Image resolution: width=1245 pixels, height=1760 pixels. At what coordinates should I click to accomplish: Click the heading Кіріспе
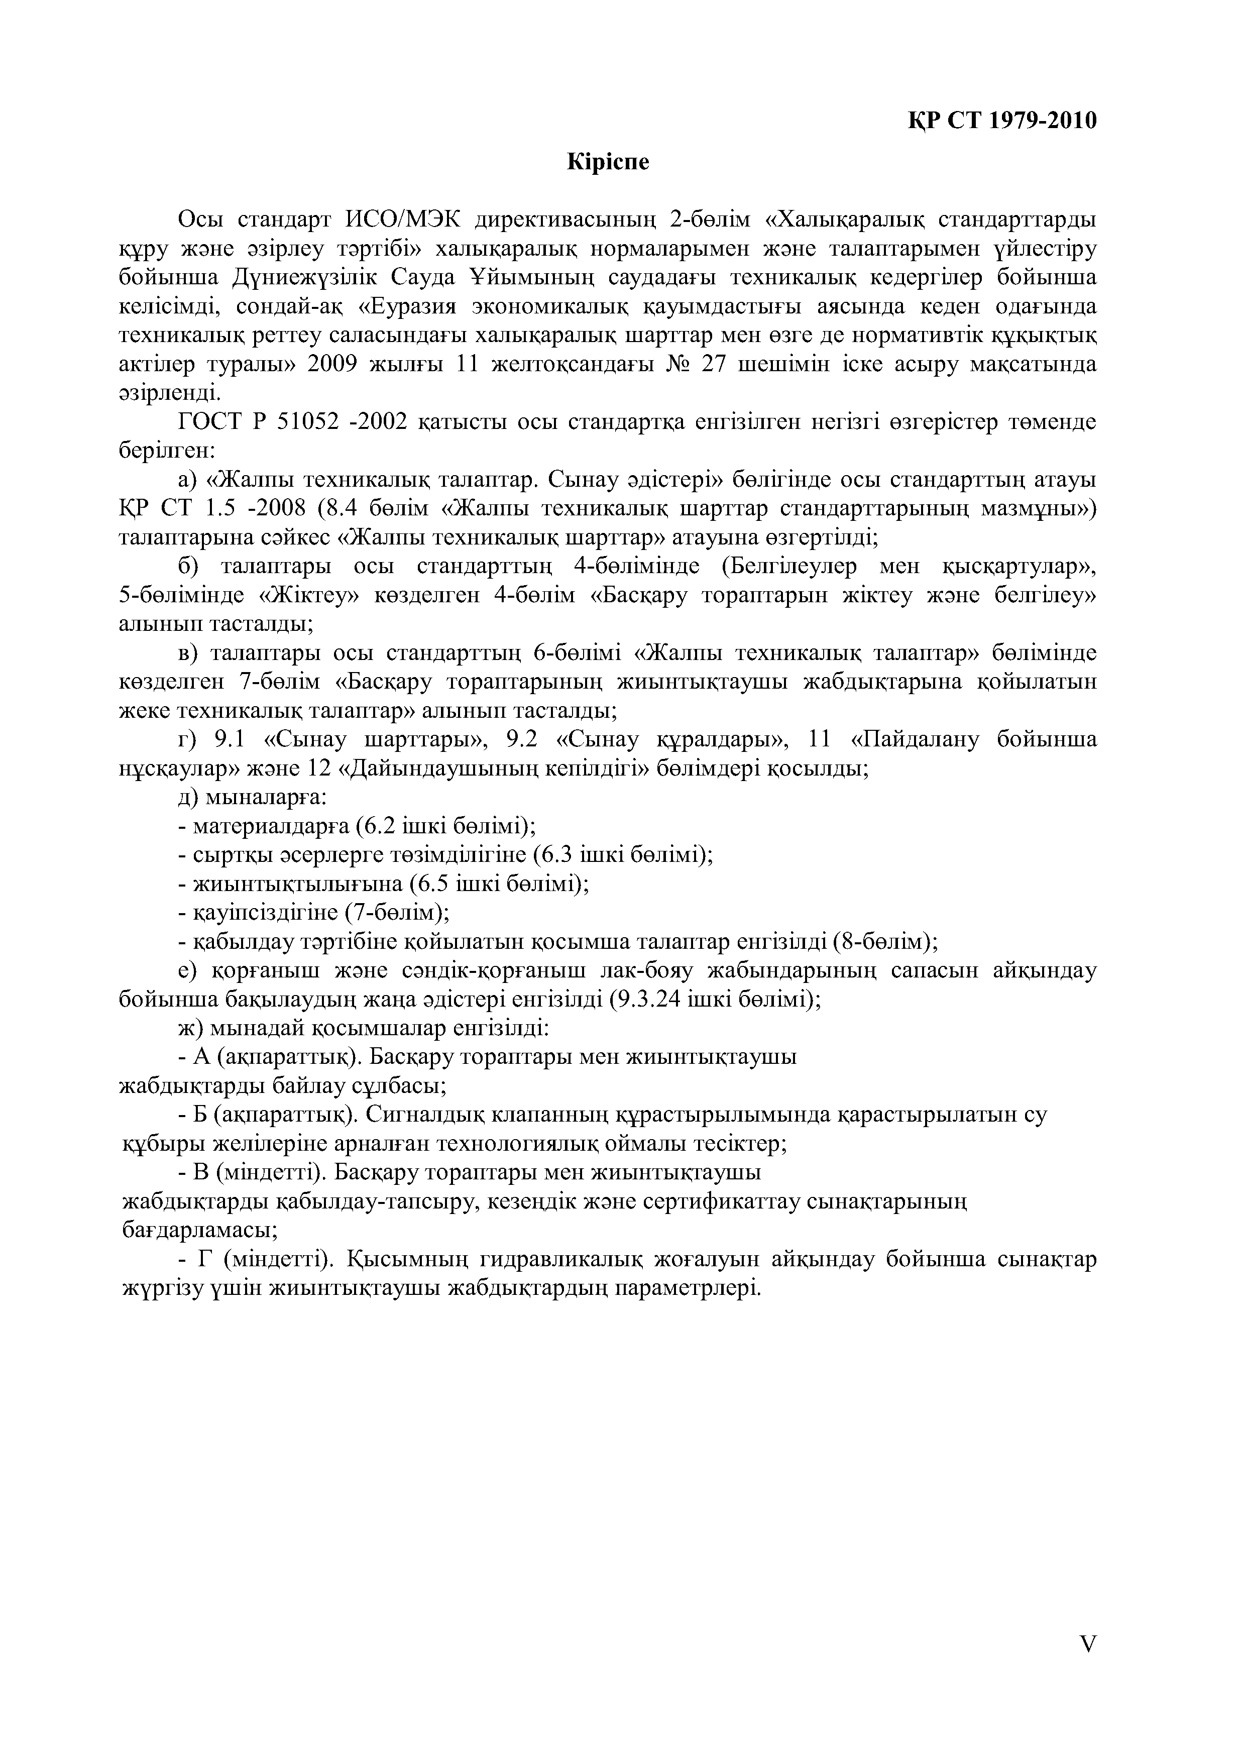pyautogui.click(x=607, y=163)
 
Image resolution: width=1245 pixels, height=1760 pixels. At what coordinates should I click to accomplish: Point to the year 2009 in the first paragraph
pyautogui.click(x=332, y=364)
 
